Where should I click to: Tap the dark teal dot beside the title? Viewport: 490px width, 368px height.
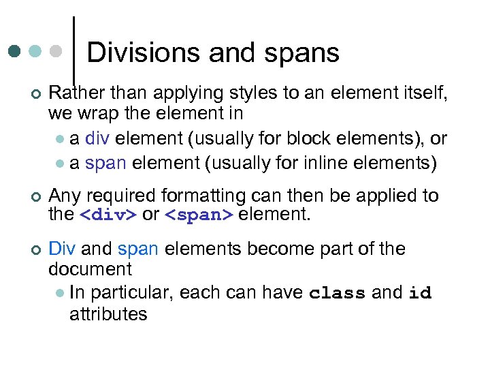(14, 51)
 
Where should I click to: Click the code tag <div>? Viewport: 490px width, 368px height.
(109, 215)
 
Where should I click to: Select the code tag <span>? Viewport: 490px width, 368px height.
(199, 215)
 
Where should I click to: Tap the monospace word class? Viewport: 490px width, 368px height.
(338, 294)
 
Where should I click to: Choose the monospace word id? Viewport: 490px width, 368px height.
(420, 294)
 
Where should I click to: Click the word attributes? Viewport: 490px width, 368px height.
(108, 313)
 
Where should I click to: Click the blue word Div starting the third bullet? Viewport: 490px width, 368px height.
(62, 249)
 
